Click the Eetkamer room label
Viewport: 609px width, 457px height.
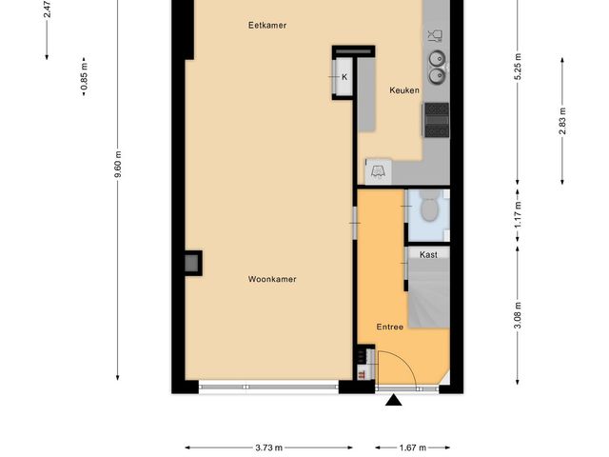coord(267,26)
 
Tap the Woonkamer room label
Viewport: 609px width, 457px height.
coord(272,279)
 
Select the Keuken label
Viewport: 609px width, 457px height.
coord(404,90)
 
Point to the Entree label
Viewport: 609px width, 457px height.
coord(390,327)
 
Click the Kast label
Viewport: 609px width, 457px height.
coord(428,254)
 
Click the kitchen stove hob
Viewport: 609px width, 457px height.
coord(437,120)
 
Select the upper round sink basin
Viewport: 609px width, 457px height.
coord(438,59)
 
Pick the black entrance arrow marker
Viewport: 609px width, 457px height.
coord(393,400)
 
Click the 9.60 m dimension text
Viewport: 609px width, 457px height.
coord(118,164)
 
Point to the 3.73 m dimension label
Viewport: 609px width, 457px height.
coord(268,447)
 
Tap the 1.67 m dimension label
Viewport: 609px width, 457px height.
coord(413,447)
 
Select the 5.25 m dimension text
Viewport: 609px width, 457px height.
coord(518,66)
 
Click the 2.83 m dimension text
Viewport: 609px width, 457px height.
coord(562,121)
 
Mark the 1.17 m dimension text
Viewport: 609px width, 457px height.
coord(518,216)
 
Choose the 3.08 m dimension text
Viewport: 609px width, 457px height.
coord(518,315)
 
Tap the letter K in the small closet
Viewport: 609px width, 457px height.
coord(344,77)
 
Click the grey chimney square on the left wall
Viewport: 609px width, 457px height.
coord(191,263)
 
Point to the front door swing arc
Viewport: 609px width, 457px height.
coord(403,362)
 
